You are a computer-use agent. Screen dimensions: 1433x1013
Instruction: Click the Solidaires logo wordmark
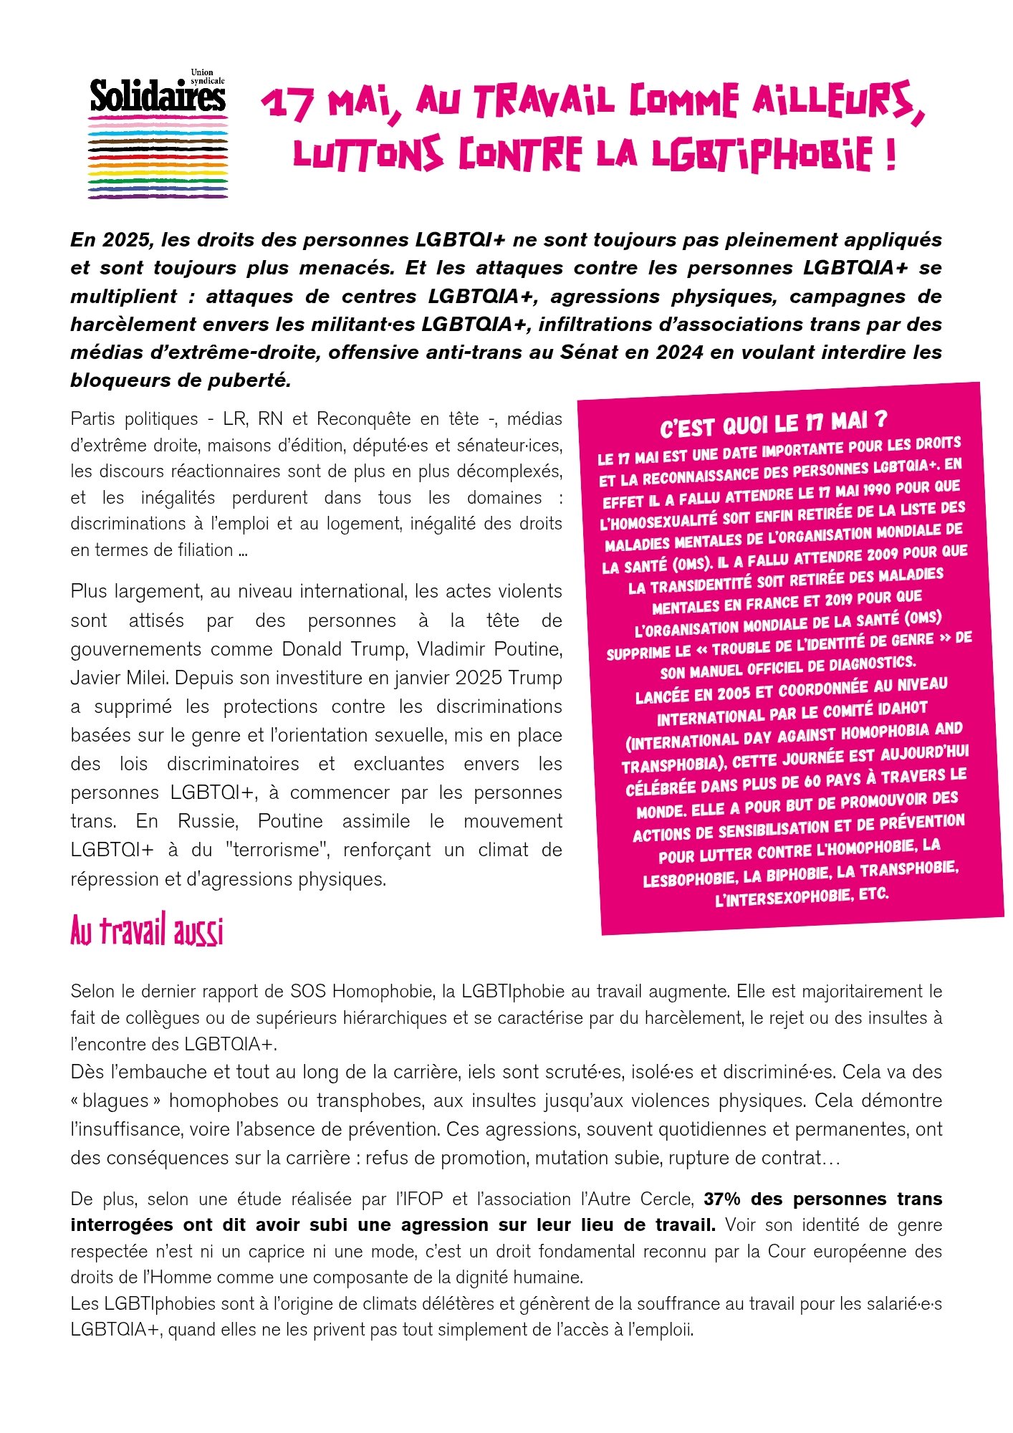157,97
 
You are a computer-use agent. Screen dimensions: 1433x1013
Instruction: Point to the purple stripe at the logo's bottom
158,196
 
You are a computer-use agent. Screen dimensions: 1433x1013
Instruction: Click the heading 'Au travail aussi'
147,932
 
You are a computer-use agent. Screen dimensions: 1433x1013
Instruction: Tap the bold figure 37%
725,1199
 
